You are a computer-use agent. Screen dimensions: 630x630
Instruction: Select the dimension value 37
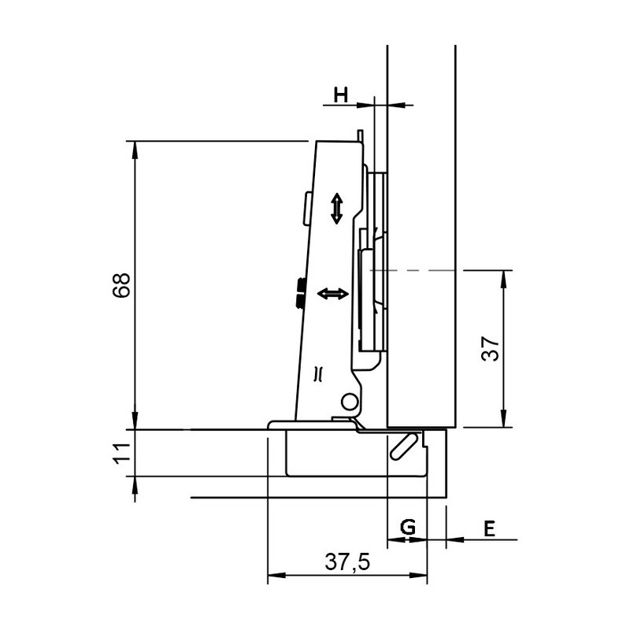[490, 349]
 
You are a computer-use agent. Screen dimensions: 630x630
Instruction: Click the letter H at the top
[340, 95]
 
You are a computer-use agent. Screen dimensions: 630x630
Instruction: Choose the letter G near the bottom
[408, 528]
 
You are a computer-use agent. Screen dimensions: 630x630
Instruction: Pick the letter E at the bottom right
[489, 528]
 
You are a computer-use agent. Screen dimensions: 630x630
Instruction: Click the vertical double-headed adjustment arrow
[336, 209]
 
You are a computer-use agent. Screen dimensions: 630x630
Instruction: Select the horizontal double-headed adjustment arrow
[332, 294]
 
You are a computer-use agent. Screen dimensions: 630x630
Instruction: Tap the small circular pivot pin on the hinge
[347, 402]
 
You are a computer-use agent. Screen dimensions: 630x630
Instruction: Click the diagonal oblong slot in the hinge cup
[402, 446]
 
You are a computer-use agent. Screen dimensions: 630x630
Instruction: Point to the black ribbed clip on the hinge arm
[300, 292]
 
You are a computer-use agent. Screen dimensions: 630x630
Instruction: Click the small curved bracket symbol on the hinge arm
[318, 373]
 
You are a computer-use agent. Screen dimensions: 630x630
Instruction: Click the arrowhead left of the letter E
[454, 540]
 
